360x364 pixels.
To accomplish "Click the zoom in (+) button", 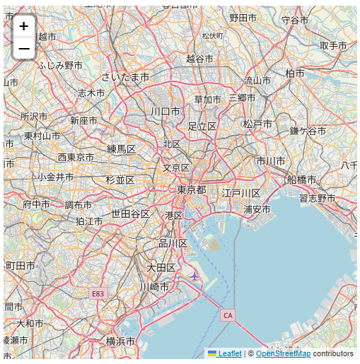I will (23, 26).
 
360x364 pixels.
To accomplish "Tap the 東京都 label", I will (191, 190).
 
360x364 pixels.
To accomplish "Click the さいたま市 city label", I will (125, 76).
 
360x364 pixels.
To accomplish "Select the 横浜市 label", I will (120, 341).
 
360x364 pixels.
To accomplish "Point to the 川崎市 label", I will (154, 286).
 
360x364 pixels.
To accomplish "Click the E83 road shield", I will (98, 293).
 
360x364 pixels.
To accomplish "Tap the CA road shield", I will (227, 315).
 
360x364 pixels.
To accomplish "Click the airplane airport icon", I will (194, 276).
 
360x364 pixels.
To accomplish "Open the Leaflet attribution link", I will (229, 353).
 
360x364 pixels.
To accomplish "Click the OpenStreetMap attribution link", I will (283, 353).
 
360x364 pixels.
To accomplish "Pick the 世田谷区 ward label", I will (130, 213).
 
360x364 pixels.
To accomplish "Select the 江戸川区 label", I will (240, 193).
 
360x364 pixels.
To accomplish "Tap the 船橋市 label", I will (302, 180).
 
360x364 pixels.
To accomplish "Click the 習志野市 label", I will (317, 198).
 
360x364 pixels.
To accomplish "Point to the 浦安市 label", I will (257, 209).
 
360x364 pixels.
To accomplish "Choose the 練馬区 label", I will (121, 148).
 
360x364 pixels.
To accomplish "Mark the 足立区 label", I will (202, 126).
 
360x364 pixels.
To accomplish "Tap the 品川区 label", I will (173, 243).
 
